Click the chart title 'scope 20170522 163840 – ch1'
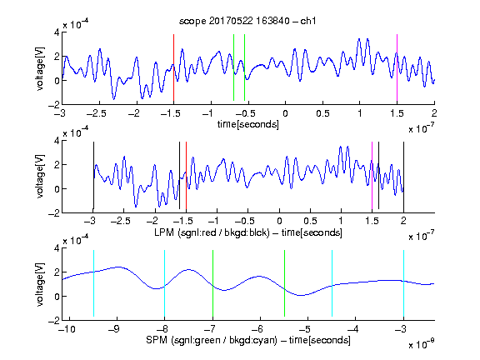click(247, 21)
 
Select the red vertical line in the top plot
click(173, 67)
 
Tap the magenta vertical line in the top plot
click(397, 67)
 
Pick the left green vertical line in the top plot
click(233, 67)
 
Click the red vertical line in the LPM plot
click(186, 175)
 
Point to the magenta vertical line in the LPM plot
click(372, 175)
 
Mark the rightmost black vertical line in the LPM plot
click(403, 175)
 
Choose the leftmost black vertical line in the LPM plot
click(93, 175)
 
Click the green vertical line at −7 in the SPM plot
click(212, 283)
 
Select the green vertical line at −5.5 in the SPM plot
click(284, 283)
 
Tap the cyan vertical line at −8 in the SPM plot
click(165, 283)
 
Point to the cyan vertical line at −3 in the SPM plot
click(403, 283)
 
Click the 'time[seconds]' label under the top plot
click(248, 124)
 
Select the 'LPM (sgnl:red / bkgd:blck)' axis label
click(212, 232)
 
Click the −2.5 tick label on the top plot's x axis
click(96, 113)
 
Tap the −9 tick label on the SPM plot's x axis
click(114, 329)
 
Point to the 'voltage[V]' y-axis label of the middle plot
click(40, 177)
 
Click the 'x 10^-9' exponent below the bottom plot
click(422, 344)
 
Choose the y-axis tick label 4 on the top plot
click(57, 32)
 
